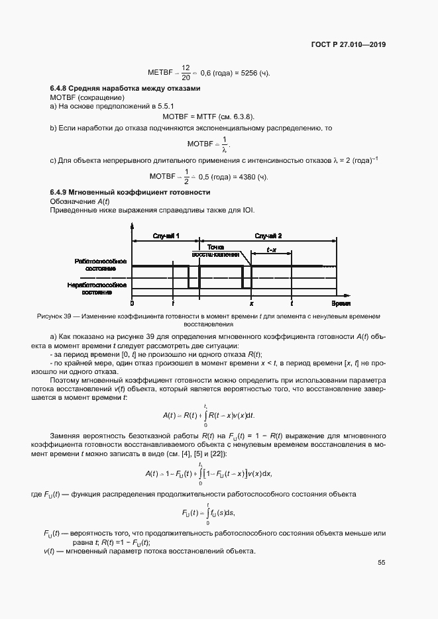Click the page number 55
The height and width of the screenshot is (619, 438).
382,563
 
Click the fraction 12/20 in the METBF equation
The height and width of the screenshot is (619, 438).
186,72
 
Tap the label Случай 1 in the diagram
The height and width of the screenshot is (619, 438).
166,236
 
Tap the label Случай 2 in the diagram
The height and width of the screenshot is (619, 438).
268,236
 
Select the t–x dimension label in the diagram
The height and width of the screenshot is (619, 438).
272,250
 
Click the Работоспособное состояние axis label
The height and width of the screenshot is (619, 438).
95,265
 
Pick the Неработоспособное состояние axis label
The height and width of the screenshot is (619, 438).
95,288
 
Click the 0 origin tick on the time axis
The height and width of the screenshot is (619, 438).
132,303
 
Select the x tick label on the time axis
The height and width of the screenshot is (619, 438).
251,303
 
